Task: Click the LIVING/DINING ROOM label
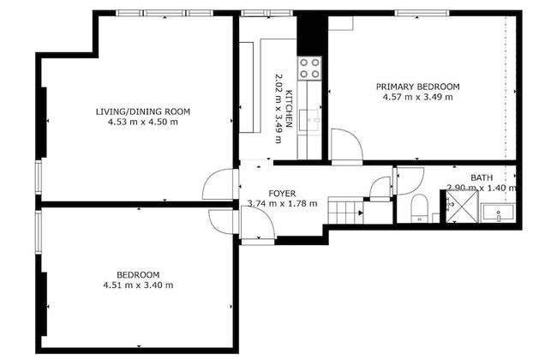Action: pos(142,111)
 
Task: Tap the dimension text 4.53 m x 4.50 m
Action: pos(142,123)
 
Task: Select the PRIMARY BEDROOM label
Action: pos(418,87)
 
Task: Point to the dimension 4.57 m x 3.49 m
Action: pos(418,97)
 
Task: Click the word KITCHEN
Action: pos(290,109)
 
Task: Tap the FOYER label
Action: pos(282,194)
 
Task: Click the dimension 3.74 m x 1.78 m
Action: pos(282,204)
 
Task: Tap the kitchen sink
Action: pos(312,119)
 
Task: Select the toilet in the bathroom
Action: pos(419,208)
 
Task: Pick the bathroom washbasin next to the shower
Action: pos(497,213)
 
